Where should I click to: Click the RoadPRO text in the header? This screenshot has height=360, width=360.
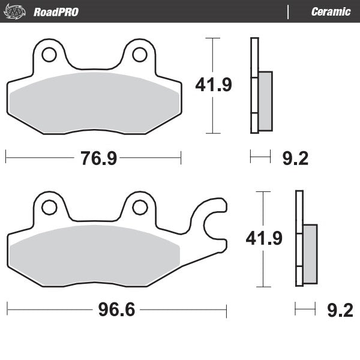(x=56, y=12)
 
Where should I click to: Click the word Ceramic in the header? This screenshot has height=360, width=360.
(x=331, y=12)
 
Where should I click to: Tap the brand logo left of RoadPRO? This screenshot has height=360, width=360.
(x=16, y=11)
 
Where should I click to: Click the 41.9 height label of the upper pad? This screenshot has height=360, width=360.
(x=213, y=86)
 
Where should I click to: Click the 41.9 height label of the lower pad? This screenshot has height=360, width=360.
(x=264, y=239)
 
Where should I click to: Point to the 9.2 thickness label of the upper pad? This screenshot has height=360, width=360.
(x=295, y=158)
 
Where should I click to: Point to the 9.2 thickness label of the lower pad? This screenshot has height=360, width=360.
(x=340, y=310)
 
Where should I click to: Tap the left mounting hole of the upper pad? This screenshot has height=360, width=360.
(x=49, y=55)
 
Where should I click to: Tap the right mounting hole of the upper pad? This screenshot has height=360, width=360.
(x=139, y=55)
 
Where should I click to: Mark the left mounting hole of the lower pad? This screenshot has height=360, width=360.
(x=49, y=207)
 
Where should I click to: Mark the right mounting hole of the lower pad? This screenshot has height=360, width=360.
(x=139, y=207)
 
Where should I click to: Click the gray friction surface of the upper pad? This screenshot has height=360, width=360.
(x=94, y=102)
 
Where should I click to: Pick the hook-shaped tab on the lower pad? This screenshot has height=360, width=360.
(x=213, y=225)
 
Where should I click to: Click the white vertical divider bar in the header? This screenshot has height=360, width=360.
(x=289, y=12)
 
